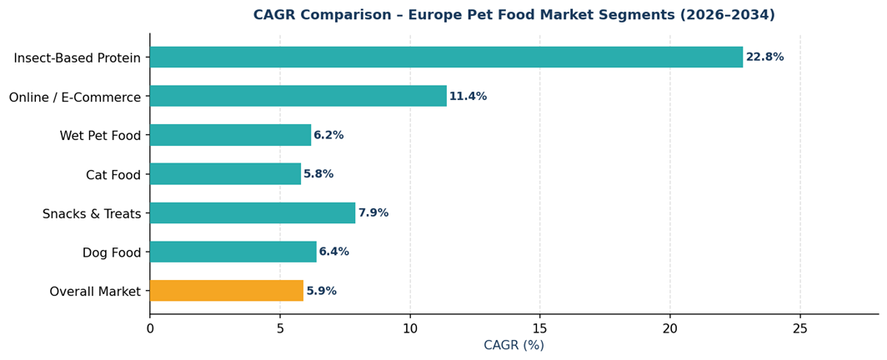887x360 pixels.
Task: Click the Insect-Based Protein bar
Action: pos(446,57)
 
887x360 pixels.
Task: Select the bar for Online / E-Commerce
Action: pos(298,96)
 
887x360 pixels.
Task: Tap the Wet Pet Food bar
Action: pos(230,135)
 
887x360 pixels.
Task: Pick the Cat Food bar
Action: pos(225,174)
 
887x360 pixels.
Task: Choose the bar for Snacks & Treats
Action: pos(253,213)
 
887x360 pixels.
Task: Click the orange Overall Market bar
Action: pos(226,291)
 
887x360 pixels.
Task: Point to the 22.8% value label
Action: pos(764,57)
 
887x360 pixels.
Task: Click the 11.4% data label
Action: pos(468,97)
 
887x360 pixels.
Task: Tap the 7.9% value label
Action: pos(373,213)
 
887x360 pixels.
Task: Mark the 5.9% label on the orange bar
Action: pos(321,291)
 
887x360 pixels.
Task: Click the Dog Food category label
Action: pos(112,252)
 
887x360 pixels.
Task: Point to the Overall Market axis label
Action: pos(95,292)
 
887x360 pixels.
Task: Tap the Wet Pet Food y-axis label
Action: pos(100,136)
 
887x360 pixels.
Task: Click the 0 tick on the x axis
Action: pos(150,329)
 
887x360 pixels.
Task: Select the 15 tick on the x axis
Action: pos(539,329)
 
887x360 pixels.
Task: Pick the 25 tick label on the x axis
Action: pos(799,329)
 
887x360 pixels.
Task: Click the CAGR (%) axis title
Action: pos(514,346)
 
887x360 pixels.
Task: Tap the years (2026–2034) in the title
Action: pos(728,15)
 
